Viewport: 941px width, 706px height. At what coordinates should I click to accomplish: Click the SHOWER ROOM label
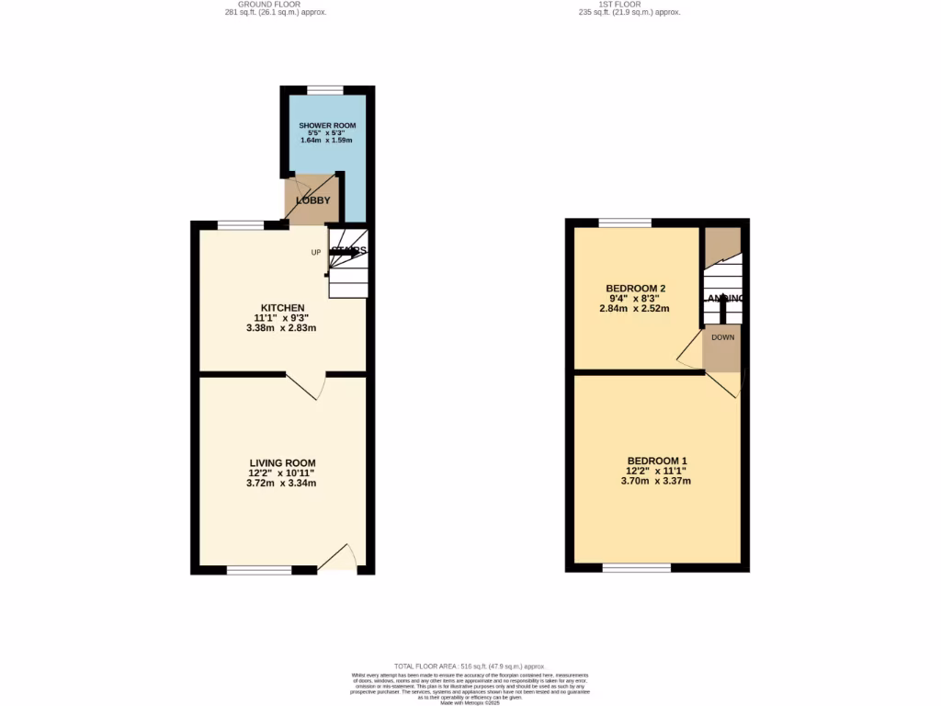point(327,125)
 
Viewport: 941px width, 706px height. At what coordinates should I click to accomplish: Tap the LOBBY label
point(313,200)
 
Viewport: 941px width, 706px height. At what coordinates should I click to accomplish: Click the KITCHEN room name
point(282,307)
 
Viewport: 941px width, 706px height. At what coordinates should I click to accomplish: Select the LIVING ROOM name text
point(282,462)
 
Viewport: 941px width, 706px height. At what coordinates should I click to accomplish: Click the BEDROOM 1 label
point(657,461)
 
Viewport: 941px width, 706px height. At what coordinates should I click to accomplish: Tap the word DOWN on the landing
point(722,337)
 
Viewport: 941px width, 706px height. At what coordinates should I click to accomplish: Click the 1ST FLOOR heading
point(620,5)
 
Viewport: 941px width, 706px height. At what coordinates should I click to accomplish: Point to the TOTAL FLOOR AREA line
point(470,666)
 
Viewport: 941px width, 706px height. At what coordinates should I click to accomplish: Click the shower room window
point(325,89)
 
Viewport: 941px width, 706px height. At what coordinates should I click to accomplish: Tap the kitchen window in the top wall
point(241,224)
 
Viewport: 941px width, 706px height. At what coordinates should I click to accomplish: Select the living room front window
point(259,570)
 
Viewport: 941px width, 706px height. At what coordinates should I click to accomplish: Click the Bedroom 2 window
point(625,222)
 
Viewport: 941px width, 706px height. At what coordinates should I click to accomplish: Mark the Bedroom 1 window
point(637,568)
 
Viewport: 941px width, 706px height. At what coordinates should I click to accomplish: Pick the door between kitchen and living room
point(307,386)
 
